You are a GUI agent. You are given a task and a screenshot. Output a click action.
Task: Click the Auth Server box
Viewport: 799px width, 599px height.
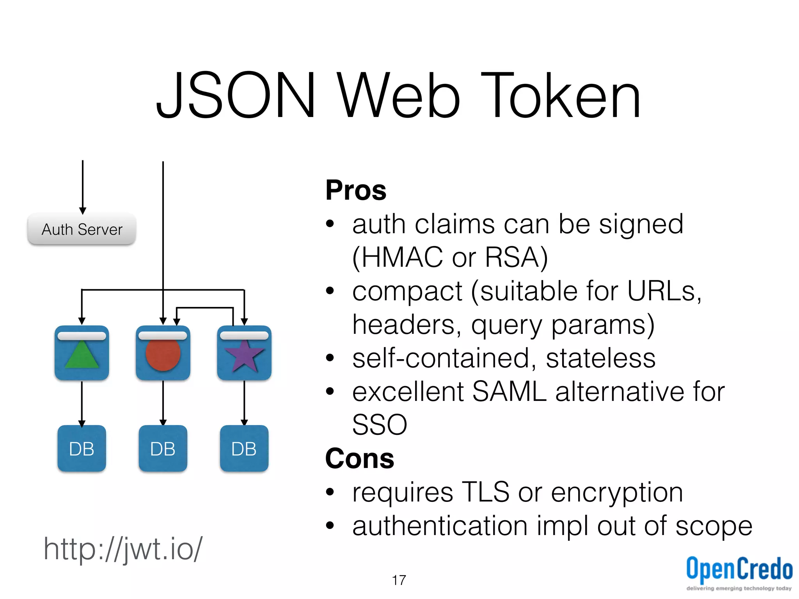[82, 229]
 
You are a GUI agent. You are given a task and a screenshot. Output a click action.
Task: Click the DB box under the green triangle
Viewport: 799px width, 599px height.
[82, 448]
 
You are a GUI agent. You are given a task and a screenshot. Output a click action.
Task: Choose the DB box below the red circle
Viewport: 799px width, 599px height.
[163, 448]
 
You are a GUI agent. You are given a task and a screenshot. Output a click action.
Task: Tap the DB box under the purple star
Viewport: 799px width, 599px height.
[244, 448]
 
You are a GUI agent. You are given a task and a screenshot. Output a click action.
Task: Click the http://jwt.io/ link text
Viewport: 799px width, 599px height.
[123, 549]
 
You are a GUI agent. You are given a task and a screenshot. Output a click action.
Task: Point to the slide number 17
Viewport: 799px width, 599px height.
[399, 580]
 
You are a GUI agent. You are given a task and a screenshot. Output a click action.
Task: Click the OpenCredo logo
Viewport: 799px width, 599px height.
[739, 571]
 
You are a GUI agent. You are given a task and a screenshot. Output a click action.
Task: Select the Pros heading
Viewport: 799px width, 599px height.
[356, 190]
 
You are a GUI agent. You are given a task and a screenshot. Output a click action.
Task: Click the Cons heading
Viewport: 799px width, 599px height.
[360, 459]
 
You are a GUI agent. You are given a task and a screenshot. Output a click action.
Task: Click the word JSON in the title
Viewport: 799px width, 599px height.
[236, 96]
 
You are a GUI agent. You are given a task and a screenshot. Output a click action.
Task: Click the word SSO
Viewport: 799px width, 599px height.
[380, 425]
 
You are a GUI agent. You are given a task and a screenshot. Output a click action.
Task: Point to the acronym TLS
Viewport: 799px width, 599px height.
[485, 492]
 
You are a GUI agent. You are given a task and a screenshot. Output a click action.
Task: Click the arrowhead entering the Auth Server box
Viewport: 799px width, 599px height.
[83, 211]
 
